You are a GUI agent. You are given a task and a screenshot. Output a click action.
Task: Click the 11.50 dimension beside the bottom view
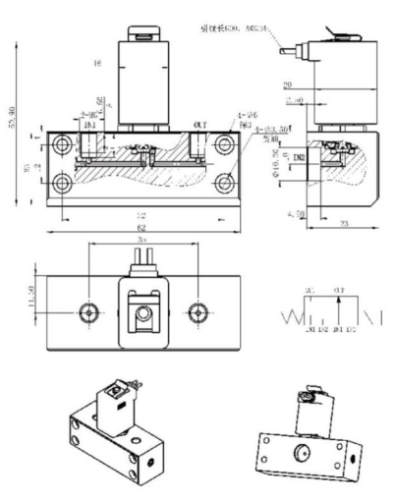[x=33, y=299]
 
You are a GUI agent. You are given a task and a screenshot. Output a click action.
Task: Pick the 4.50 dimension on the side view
[x=296, y=212]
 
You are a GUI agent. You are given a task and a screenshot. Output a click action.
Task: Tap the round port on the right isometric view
[x=300, y=451]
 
